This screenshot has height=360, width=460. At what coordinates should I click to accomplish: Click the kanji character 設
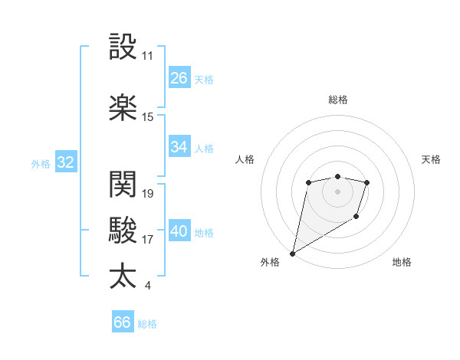pos(123,47)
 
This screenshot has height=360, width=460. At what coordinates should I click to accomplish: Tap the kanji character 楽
pos(123,107)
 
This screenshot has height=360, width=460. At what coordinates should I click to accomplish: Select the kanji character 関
pos(123,184)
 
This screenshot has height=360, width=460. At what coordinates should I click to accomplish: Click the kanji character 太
pos(123,275)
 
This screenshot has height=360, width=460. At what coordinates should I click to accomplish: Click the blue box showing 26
pos(179,78)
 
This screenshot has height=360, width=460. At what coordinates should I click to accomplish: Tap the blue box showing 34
pos(179,147)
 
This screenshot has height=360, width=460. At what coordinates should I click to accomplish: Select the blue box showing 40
pos(179,231)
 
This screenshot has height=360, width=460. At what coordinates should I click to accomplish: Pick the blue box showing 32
pos(65,162)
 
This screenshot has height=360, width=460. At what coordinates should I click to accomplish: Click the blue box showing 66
pos(123,322)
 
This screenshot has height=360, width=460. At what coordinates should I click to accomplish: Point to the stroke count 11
pos(148,56)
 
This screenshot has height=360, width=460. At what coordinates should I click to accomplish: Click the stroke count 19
pos(149,193)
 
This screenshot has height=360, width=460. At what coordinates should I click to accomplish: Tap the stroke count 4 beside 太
pos(147,286)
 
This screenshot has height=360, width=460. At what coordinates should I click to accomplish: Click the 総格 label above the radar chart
pos(338,100)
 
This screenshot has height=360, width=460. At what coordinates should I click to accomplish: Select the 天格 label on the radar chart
pos(432,159)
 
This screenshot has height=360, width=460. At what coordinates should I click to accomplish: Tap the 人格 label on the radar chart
pos(245,159)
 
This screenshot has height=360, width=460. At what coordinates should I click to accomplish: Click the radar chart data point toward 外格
pos(292,253)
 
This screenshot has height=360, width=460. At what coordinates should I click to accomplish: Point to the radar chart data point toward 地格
pos(356,218)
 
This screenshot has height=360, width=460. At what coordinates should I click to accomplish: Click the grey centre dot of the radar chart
pos(337,191)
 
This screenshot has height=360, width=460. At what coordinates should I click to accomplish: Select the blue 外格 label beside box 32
pos(40,163)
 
